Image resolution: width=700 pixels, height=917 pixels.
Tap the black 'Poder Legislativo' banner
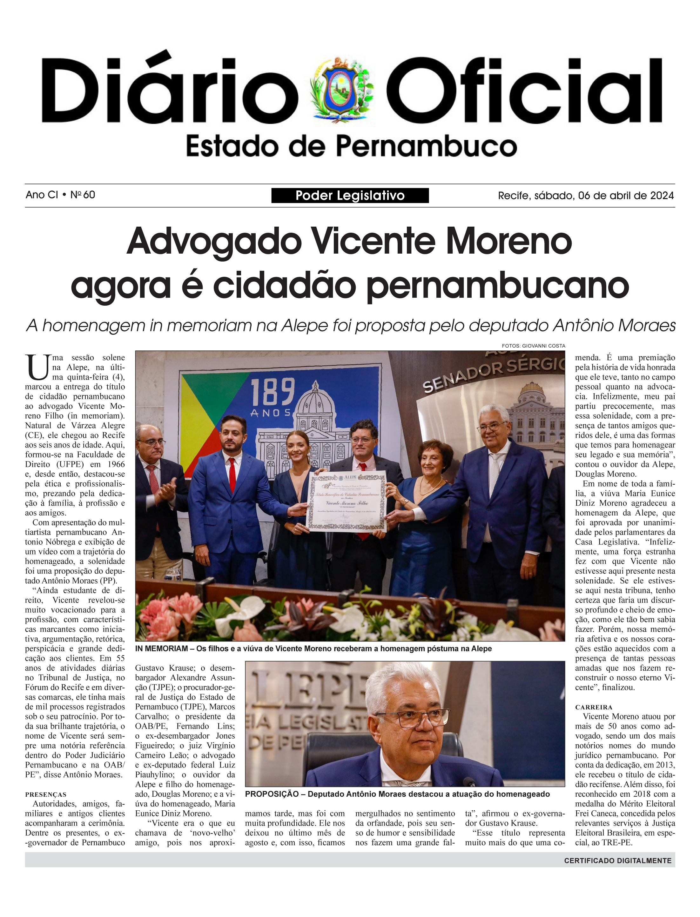pos(350,195)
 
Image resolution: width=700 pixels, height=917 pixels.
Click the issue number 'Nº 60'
pos(83,195)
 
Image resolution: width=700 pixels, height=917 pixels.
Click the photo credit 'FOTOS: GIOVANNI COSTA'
pos(533,346)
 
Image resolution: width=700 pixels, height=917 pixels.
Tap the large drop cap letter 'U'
pos(37,367)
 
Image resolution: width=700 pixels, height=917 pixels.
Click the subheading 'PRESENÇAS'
pos(45,794)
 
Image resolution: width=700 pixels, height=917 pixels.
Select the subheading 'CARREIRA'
pos(593,707)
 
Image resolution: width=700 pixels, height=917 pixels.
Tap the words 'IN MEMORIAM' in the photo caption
pos(161,648)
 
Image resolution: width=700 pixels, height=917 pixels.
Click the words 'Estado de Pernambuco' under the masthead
pos(351,146)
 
